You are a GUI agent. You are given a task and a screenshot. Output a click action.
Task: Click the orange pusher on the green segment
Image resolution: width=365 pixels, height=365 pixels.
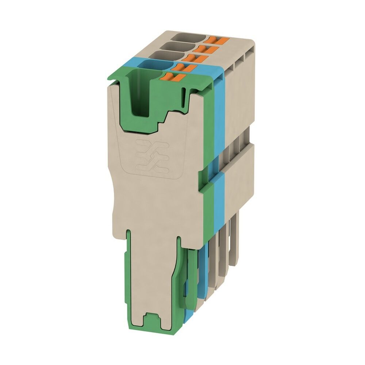pyautogui.click(x=171, y=77)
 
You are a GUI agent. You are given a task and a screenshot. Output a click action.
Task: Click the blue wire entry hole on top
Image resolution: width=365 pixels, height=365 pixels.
pyautogui.click(x=153, y=66)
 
